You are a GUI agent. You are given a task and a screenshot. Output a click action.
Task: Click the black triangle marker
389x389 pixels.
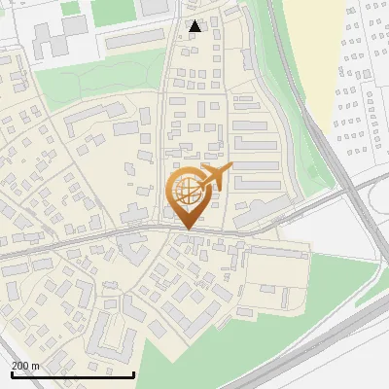pos(195,26)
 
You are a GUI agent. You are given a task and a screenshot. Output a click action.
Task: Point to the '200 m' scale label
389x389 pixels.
pos(26,365)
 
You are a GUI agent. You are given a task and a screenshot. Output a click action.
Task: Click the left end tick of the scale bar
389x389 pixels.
pos(11,373)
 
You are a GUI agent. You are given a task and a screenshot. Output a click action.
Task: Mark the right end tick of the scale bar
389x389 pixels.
pos(133,373)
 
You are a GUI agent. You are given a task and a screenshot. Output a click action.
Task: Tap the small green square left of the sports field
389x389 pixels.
pos(70,8)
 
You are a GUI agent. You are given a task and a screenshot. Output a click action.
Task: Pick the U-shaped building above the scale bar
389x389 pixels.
pos(115,336)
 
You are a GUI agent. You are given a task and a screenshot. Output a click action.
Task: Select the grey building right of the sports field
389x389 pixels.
pos(155,7)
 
